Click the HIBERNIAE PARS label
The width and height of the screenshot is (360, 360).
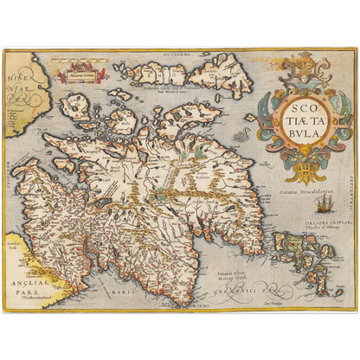click(x=19, y=85)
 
